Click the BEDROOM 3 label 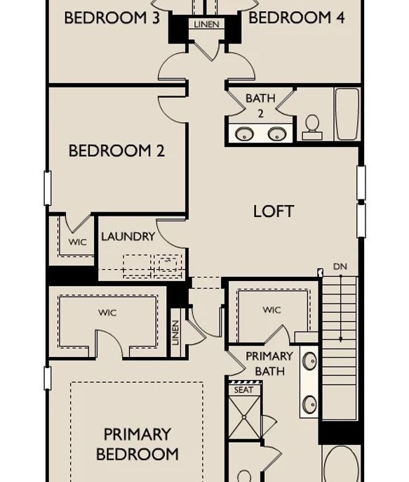tap(112, 18)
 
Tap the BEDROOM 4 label tap(296, 18)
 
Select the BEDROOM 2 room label tap(116, 150)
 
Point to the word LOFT tap(274, 211)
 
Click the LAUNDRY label tap(128, 236)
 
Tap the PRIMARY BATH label tap(269, 364)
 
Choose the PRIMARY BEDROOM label tap(137, 444)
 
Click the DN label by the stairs tap(340, 266)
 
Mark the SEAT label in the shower tap(243, 390)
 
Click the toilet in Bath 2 tap(312, 127)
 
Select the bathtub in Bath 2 tap(347, 115)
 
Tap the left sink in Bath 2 tap(244, 134)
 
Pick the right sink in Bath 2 tap(277, 134)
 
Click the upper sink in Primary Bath tap(309, 360)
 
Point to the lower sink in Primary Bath tap(309, 404)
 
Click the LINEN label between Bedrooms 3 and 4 tap(207, 25)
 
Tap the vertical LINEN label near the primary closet tap(175, 333)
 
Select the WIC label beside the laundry tap(78, 242)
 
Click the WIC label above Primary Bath tap(271, 310)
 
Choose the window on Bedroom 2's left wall tap(48, 188)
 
